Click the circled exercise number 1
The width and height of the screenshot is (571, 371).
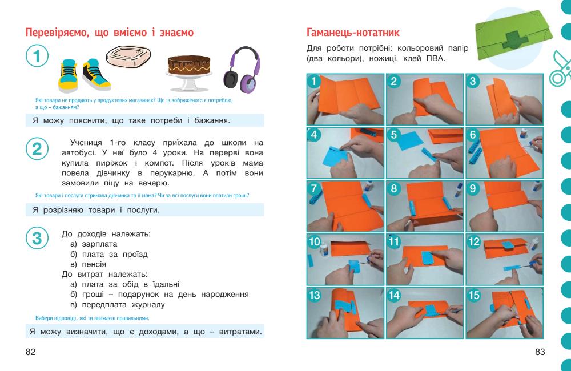(38, 58)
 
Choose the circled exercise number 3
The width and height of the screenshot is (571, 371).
(37, 238)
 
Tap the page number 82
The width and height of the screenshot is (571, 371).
(31, 352)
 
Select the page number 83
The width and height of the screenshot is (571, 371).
(540, 352)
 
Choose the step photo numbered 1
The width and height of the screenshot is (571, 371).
(346, 98)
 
